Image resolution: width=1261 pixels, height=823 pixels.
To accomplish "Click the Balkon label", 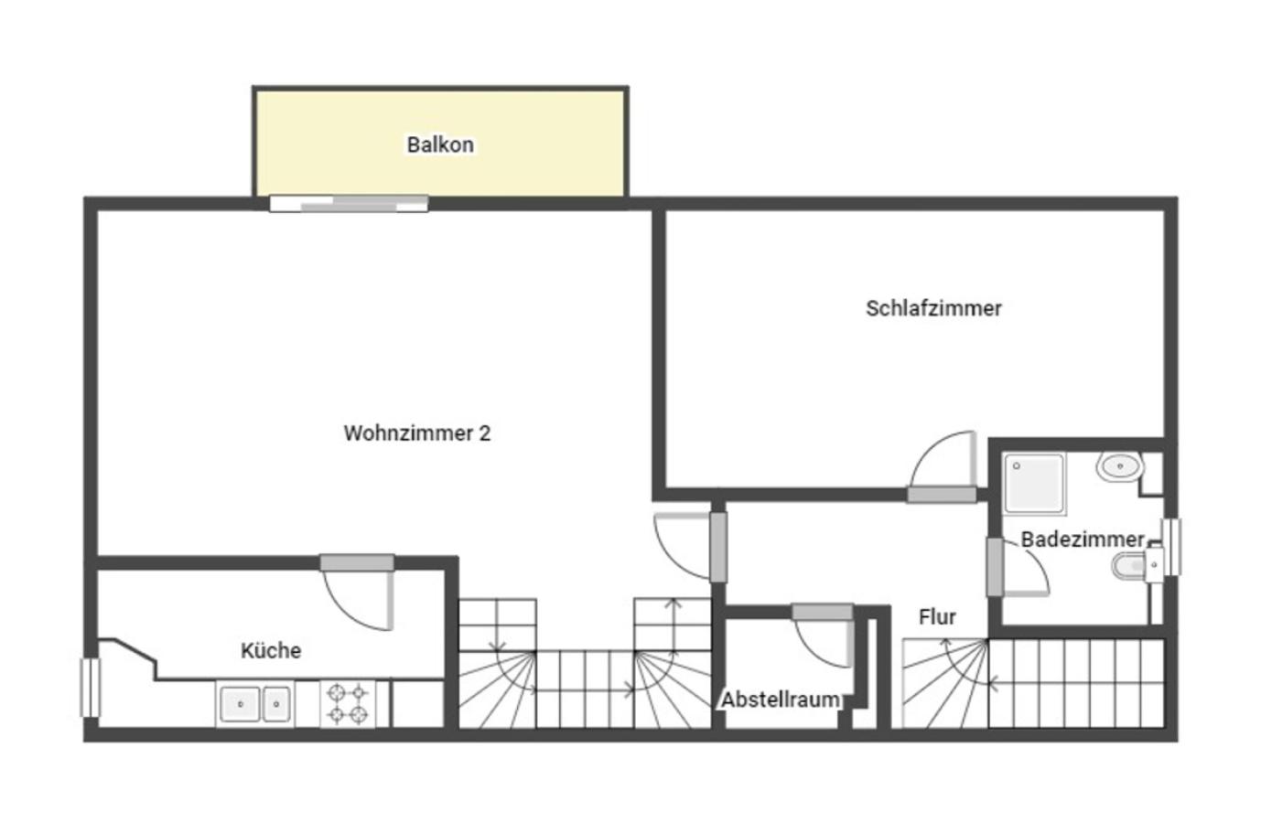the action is (440, 144).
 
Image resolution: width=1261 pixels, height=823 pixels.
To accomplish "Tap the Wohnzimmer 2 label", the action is (417, 433).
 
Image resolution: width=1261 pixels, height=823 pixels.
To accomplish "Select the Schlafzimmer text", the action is (933, 308).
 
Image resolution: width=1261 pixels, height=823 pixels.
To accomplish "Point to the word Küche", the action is (271, 650).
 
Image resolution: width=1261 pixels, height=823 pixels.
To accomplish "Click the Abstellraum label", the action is (781, 700).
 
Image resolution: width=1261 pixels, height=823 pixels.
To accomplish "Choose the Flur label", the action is (937, 617).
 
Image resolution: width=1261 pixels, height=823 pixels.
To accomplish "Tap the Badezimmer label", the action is (1083, 540).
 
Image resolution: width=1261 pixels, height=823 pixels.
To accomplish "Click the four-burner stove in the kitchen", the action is (348, 703).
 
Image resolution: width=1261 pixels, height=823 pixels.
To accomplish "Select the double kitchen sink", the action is (254, 703).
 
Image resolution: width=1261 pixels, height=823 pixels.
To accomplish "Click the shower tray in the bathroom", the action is (1035, 484).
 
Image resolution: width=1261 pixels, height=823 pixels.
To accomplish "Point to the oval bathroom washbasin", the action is (1119, 466).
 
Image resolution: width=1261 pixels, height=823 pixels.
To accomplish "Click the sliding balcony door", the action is (349, 204).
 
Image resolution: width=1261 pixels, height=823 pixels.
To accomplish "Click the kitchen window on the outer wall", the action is (90, 688).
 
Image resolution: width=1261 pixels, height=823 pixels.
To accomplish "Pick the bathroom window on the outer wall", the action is (1171, 547).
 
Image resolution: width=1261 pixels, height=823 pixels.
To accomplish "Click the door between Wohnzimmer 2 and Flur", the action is (718, 547).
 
